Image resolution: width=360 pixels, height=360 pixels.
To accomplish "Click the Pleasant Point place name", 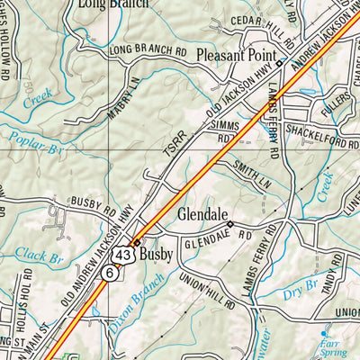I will click(x=233, y=52).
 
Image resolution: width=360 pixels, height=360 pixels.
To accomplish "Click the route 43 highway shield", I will click(x=125, y=256).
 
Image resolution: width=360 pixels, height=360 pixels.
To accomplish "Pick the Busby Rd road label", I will click(x=94, y=203).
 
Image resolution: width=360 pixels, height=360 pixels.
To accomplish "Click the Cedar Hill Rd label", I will click(x=262, y=32).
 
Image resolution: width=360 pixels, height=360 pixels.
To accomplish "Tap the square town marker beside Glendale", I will click(x=230, y=224).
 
